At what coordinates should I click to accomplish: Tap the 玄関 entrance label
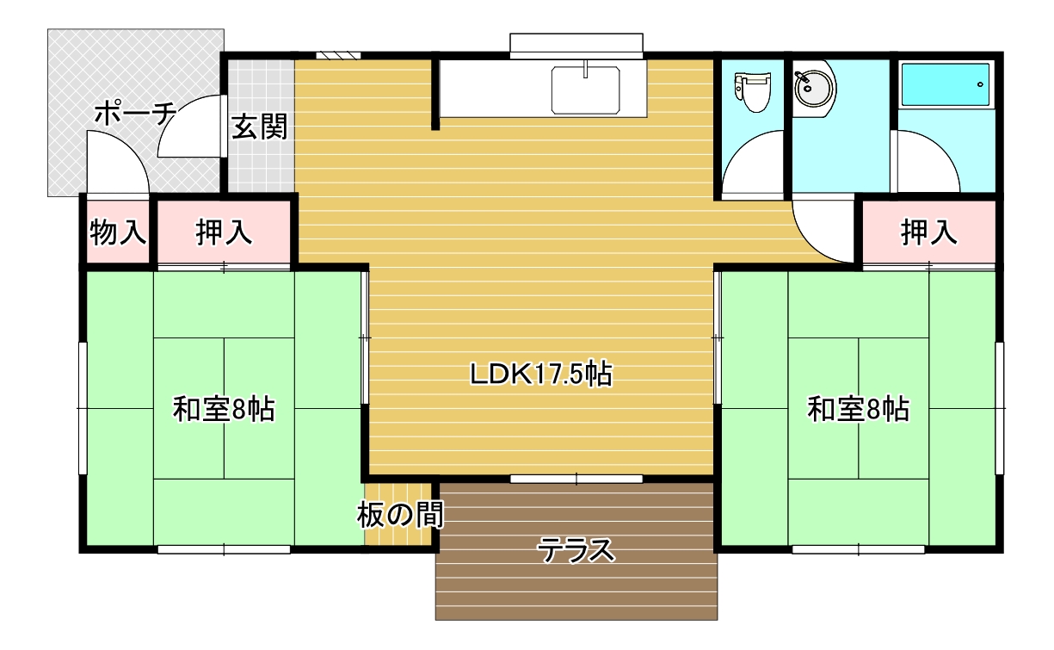259,127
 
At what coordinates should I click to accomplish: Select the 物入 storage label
118,232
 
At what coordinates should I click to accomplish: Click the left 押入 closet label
224,232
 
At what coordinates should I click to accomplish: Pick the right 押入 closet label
929,232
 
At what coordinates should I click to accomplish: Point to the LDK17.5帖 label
541,375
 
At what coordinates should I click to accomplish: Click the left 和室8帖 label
224,410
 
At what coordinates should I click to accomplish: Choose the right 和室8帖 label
859,410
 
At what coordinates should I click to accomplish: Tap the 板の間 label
400,515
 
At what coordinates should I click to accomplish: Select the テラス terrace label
576,550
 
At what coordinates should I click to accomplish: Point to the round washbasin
814,89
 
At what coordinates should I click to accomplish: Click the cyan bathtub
946,84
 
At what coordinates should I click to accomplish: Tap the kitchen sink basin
585,90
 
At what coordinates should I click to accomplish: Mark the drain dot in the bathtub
980,84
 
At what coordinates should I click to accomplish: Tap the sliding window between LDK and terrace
576,480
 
